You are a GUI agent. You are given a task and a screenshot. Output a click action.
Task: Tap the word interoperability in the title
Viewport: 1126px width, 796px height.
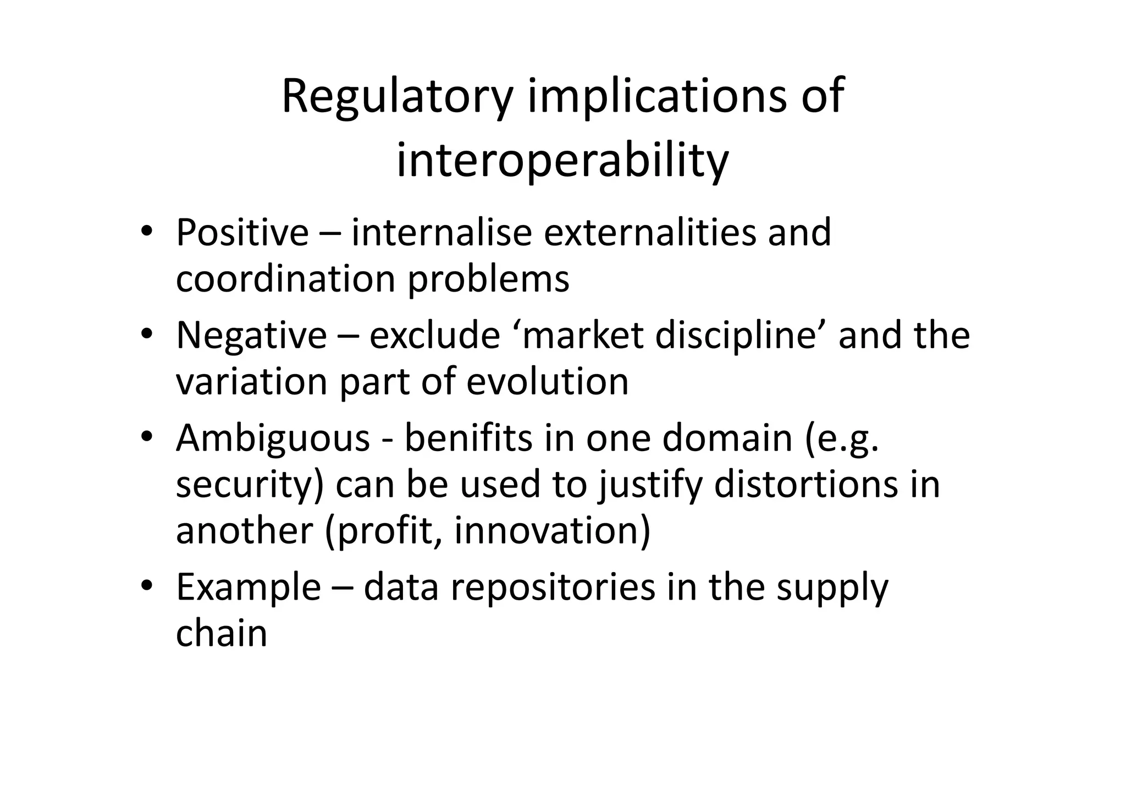click(562, 161)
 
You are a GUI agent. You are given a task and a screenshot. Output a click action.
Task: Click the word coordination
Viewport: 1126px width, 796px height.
click(285, 279)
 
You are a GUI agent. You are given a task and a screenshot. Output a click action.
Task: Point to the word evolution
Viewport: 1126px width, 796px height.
click(547, 381)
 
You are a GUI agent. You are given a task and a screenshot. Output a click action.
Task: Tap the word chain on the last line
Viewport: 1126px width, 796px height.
click(221, 633)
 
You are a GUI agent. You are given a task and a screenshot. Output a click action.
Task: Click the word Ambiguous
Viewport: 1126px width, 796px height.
click(273, 439)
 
